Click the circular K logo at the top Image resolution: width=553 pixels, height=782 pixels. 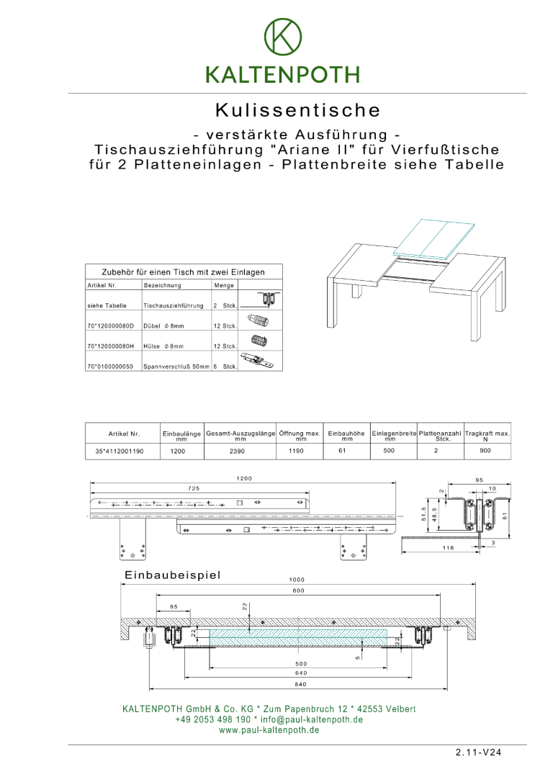pyautogui.click(x=282, y=37)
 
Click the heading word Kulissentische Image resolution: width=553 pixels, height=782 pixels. pyautogui.click(x=297, y=111)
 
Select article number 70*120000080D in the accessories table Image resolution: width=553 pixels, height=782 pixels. pyautogui.click(x=110, y=326)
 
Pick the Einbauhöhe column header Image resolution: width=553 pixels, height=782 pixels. pyautogui.click(x=346, y=436)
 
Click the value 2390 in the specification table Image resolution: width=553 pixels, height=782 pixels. pyautogui.click(x=240, y=451)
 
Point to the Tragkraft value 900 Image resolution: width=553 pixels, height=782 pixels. pyautogui.click(x=485, y=451)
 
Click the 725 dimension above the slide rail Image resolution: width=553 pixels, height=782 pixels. pyautogui.click(x=194, y=489)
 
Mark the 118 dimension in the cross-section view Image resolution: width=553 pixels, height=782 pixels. pyautogui.click(x=447, y=548)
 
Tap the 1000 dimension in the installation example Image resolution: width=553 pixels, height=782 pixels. pyautogui.click(x=297, y=580)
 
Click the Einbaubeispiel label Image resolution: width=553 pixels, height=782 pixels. pyautogui.click(x=172, y=575)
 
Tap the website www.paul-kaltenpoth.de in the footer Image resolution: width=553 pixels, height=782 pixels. pyautogui.click(x=269, y=729)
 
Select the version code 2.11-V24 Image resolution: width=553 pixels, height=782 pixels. pyautogui.click(x=478, y=752)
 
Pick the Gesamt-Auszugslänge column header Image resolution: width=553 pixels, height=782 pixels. pyautogui.click(x=240, y=436)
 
